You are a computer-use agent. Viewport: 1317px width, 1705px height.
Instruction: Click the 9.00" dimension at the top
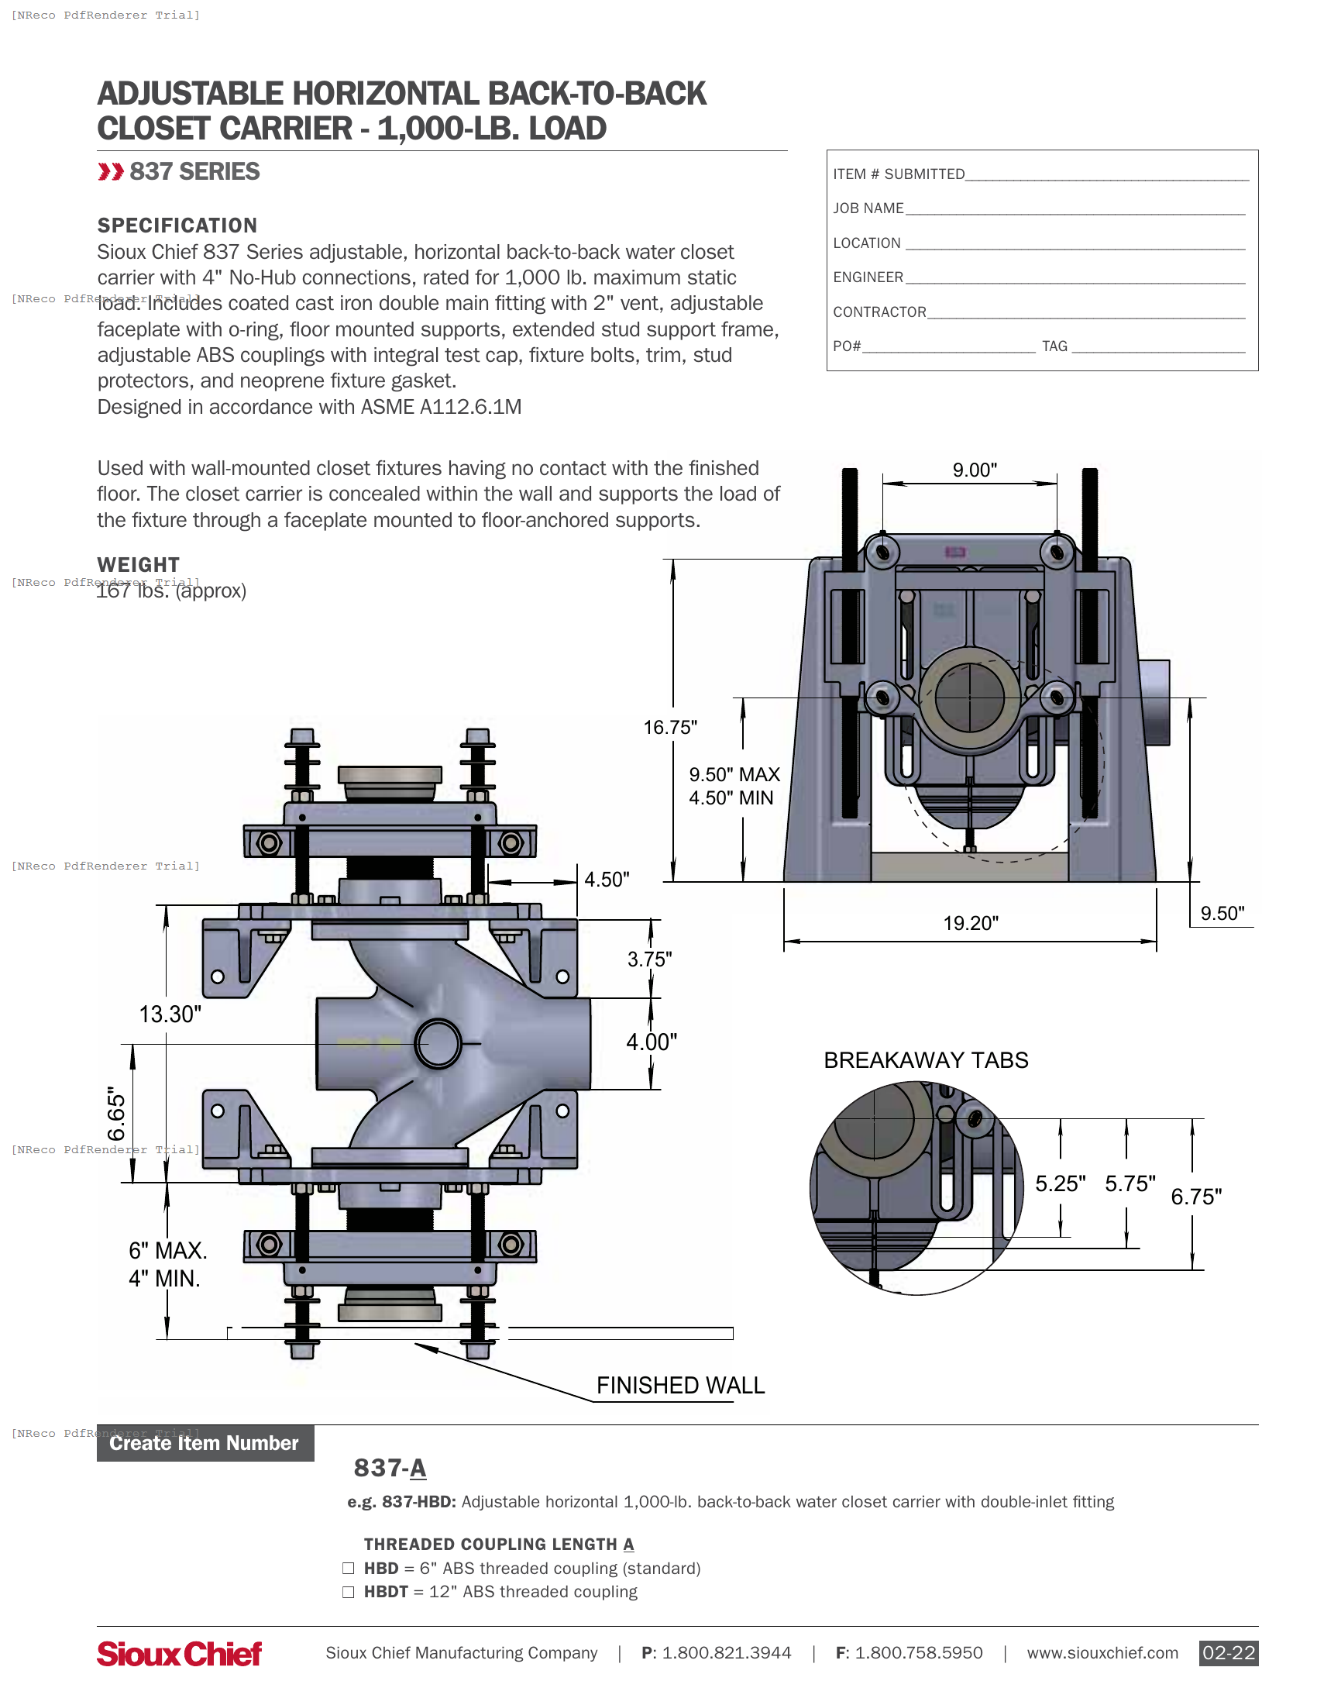[x=974, y=470]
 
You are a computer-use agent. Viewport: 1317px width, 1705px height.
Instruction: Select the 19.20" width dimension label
[x=970, y=924]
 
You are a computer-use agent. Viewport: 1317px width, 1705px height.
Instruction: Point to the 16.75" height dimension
[x=669, y=728]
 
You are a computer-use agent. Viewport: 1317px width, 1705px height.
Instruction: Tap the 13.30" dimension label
[x=170, y=1014]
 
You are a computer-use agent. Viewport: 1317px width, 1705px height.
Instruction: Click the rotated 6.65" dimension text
[x=116, y=1114]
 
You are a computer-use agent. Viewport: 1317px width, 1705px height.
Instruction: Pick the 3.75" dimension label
[x=649, y=959]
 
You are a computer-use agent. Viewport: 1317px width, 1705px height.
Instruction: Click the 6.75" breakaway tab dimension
[x=1195, y=1197]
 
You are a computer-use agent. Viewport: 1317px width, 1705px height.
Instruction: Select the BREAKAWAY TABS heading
[x=925, y=1060]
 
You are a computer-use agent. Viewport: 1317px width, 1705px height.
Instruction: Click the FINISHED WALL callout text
[x=680, y=1386]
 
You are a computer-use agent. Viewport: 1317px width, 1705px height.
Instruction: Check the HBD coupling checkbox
[x=349, y=1569]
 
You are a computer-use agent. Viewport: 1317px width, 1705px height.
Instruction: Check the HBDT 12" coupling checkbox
[x=349, y=1592]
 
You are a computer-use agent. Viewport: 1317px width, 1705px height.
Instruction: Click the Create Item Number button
[x=205, y=1444]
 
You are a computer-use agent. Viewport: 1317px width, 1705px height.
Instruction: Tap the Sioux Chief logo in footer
[x=180, y=1654]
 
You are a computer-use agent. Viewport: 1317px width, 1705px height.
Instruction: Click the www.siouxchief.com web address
[x=1102, y=1654]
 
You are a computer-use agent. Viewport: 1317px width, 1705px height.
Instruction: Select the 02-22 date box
[x=1228, y=1654]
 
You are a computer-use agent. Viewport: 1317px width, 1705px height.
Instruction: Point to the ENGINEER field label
[x=868, y=277]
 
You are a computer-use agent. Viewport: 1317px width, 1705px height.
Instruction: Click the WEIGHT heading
[x=138, y=564]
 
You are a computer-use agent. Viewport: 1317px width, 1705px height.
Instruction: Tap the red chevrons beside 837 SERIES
[x=111, y=172]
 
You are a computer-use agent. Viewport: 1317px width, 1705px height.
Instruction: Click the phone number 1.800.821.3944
[x=726, y=1654]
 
